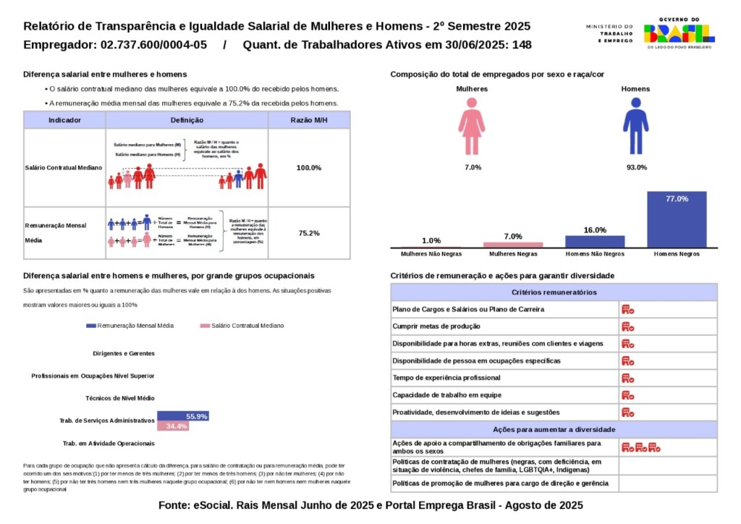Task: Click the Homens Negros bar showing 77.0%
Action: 677,219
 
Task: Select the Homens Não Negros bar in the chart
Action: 595,241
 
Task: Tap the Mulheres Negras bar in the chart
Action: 513,245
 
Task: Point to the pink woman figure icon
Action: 472,127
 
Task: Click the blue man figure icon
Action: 635,126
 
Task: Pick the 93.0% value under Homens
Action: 636,168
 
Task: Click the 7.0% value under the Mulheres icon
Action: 473,168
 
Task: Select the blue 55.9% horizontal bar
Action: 183,416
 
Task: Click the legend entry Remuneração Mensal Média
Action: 130,326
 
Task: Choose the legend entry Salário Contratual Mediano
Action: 242,326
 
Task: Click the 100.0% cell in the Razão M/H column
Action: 309,168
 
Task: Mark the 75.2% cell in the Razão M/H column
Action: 309,233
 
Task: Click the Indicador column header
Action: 64,120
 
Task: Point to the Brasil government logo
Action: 679,33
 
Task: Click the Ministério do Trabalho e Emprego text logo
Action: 609,33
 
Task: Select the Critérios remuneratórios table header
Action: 554,292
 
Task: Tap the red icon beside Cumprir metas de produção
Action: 627,326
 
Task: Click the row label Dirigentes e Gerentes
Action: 124,354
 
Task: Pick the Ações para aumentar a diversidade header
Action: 554,429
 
